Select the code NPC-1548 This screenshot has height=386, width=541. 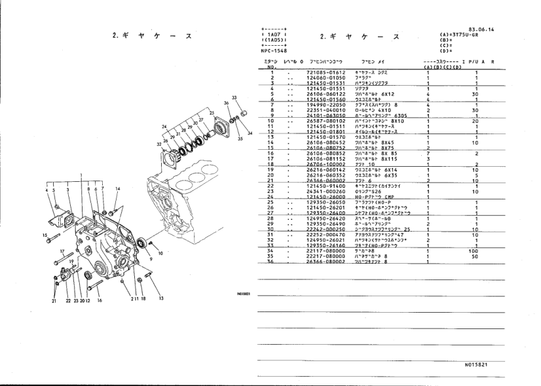(x=274, y=50)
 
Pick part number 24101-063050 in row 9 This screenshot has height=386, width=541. (x=326, y=116)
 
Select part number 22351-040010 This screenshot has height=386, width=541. (x=326, y=110)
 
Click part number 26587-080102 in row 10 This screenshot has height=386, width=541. (x=326, y=121)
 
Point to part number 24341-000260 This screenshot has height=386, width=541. (x=326, y=192)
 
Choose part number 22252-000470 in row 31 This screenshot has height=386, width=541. (x=326, y=234)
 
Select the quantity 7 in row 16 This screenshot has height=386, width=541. (x=427, y=154)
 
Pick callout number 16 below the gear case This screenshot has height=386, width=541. (x=99, y=302)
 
